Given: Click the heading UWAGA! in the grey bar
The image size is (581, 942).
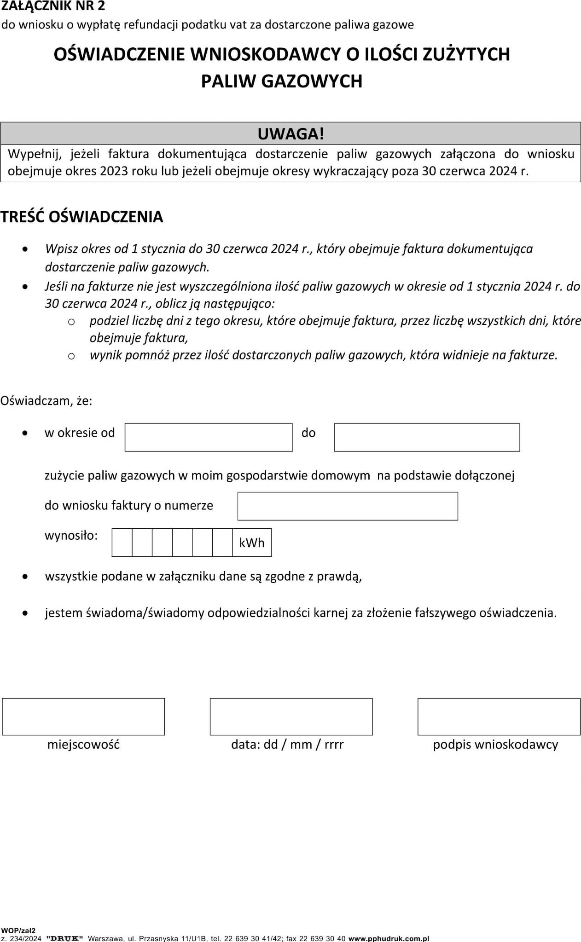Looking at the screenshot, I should [290, 134].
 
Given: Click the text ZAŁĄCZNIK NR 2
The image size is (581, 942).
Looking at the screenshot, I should [53, 6].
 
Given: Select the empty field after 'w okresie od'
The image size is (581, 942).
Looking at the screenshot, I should [209, 437].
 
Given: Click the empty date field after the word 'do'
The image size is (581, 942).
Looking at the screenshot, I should [427, 437].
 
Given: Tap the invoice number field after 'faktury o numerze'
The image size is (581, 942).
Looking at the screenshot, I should [348, 506].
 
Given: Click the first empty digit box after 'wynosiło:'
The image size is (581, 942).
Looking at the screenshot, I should [122, 543].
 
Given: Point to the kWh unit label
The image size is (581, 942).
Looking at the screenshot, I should [252, 543].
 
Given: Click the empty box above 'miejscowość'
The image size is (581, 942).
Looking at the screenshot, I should [83, 717].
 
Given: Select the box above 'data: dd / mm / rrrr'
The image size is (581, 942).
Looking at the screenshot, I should [291, 717].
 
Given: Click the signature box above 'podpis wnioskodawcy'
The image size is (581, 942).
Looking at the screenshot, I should [499, 717].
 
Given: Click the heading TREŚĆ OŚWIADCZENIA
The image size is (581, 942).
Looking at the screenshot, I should [82, 217].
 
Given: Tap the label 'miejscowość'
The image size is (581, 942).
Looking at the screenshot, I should [83, 745].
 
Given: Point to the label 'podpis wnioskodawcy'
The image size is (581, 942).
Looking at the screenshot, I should [495, 745].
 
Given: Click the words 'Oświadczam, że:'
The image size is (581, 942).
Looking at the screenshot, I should [46, 401].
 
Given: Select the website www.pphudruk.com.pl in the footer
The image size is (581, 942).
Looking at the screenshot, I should [389, 938].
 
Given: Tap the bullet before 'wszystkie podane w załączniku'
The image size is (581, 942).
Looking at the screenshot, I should [25, 577].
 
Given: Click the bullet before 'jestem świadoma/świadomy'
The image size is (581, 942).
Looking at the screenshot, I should [25, 613].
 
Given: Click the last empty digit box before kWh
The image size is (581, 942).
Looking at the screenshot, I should [222, 543].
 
